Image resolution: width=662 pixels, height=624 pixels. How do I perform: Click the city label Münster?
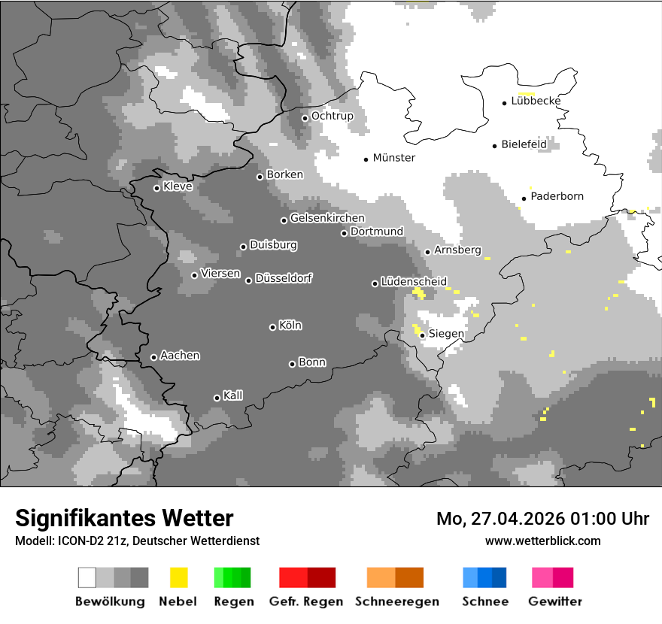393,158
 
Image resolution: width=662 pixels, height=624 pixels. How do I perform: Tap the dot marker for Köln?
272,327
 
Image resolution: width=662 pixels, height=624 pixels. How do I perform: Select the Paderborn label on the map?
557,197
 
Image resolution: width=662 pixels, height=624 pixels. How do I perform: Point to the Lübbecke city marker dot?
505,102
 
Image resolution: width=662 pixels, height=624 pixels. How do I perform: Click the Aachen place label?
180,356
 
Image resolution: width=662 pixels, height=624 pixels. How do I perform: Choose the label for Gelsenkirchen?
327,219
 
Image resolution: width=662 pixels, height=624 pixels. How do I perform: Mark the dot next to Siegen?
422,335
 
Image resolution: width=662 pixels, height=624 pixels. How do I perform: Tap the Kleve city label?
178,186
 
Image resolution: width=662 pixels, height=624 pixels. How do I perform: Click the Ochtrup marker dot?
305,117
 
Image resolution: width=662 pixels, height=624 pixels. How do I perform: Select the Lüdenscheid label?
414,282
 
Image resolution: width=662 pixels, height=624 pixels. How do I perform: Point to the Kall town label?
232,395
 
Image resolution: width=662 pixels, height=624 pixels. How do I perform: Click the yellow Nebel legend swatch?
178,577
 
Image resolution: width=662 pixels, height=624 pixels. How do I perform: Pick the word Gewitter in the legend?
555,601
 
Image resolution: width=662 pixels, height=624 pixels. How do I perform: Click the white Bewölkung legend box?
87,577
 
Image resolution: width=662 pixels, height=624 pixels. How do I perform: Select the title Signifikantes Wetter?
124,519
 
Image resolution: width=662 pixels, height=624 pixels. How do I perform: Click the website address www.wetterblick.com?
542,541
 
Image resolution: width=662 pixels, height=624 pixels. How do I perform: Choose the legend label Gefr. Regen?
306,601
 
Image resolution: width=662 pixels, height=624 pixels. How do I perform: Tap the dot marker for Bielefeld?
495,146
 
